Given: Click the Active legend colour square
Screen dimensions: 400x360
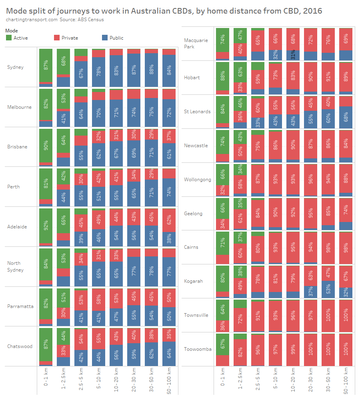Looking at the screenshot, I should (9, 38).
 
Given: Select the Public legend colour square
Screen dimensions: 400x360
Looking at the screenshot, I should (105, 38).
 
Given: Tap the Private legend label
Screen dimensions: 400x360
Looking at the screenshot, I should (70, 38).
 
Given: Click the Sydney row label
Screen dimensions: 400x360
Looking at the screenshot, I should (15, 67).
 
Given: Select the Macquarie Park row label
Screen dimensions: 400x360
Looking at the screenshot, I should (196, 43).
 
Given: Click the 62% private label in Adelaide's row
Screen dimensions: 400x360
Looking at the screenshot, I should (169, 220).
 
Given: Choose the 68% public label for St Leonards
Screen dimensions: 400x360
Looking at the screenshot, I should (346, 117).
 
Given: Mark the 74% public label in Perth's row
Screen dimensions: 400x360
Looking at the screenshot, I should (169, 192).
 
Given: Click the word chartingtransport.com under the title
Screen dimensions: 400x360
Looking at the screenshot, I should (32, 20).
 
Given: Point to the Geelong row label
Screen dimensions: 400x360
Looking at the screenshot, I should (193, 214).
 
